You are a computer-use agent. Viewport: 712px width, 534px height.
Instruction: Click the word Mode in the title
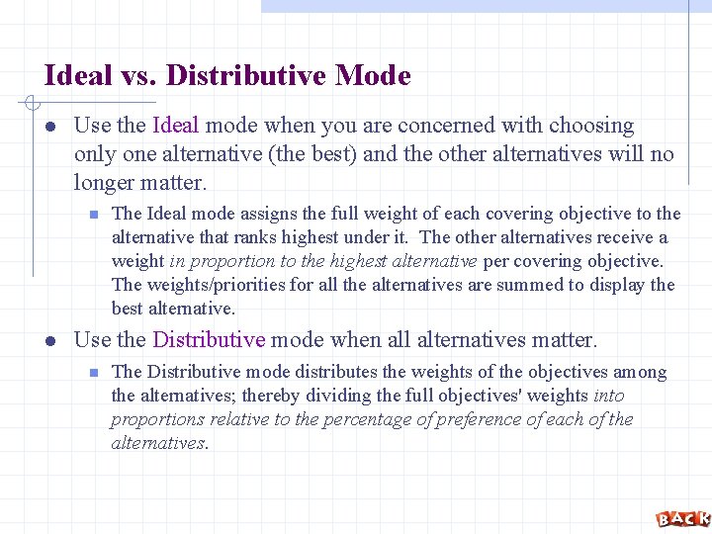pos(373,75)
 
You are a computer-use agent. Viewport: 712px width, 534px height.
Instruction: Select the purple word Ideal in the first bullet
pos(176,126)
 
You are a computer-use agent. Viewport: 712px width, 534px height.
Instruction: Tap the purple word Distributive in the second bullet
pos(209,340)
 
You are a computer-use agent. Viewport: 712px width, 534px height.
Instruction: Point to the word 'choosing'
pos(591,126)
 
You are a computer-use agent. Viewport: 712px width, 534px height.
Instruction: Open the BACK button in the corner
pos(682,518)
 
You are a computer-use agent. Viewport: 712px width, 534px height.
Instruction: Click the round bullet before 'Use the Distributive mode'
pos(49,341)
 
